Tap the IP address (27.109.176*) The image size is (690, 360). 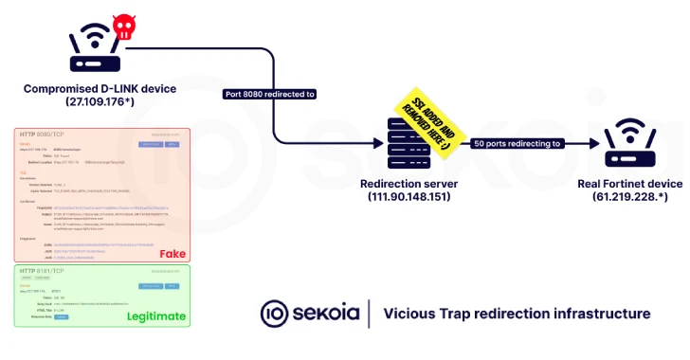click(100, 102)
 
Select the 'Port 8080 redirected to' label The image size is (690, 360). click(270, 94)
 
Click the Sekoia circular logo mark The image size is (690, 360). click(275, 314)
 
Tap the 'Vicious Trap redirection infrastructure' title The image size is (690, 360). click(517, 314)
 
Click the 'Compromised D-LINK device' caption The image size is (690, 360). click(100, 89)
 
